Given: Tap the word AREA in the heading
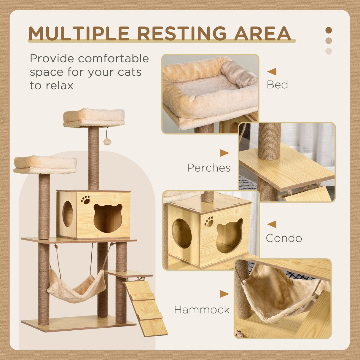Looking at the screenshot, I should (x=262, y=33).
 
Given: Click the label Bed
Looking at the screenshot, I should (x=277, y=85).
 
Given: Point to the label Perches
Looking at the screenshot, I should (x=208, y=168).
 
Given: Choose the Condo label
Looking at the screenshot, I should (x=284, y=238).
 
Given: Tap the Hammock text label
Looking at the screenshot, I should (x=202, y=310).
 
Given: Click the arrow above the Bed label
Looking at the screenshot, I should (x=272, y=71).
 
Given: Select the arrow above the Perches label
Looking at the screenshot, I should (x=224, y=153).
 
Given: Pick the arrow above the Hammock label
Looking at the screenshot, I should (x=224, y=294).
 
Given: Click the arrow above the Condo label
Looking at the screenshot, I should (x=272, y=224).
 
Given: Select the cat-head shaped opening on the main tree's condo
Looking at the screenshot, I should (x=108, y=218).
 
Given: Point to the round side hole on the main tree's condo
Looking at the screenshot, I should (x=68, y=214).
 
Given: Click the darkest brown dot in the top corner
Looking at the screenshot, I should (x=329, y=30).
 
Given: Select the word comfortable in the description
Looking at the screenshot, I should (x=113, y=58).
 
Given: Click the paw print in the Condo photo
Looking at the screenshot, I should (x=209, y=222).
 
